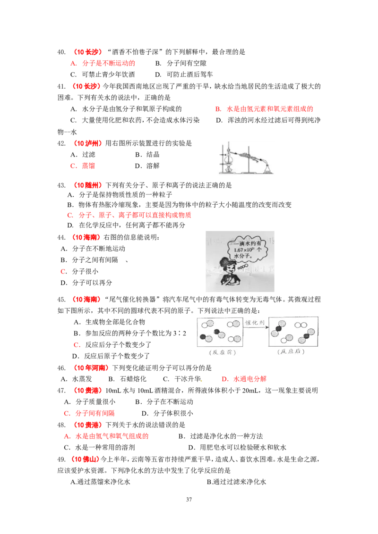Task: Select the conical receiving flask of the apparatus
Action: pyautogui.click(x=268, y=168)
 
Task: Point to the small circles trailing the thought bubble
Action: pyautogui.click(x=243, y=267)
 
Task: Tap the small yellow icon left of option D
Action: pyautogui.click(x=202, y=380)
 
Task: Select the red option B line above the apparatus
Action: pyautogui.click(x=264, y=109)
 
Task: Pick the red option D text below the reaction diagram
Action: pyautogui.click(x=244, y=379)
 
